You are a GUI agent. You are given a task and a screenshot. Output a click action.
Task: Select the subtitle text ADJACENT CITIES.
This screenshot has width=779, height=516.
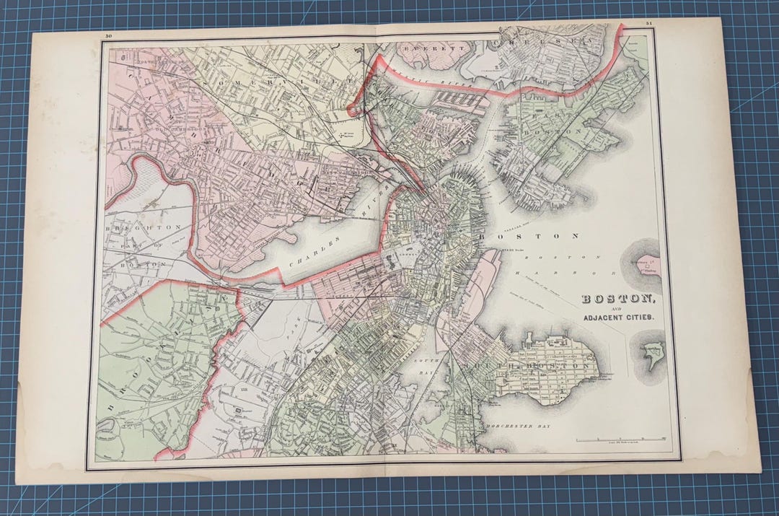(x=619, y=318)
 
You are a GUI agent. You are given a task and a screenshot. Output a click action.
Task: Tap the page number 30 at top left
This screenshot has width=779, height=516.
(x=108, y=36)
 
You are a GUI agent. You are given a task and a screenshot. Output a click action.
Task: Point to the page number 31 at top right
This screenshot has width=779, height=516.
(x=648, y=25)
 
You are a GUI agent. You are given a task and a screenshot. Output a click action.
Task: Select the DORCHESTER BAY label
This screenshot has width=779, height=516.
(x=518, y=427)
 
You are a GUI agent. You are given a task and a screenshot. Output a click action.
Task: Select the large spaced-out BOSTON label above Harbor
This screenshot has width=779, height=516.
(x=538, y=236)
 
